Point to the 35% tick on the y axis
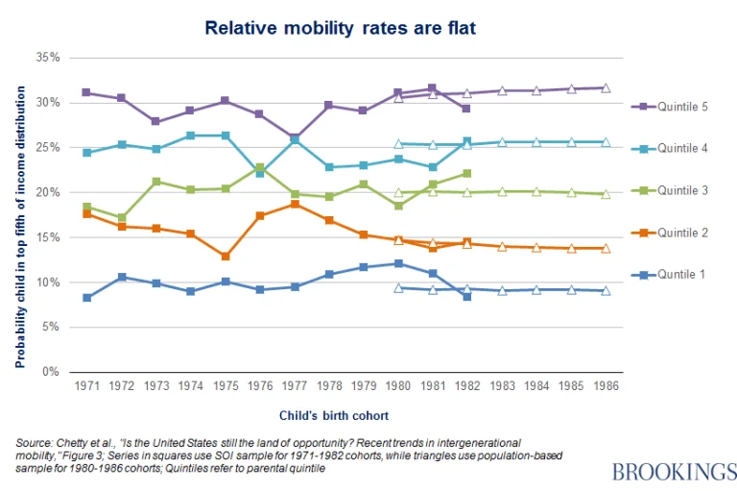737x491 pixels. click(x=47, y=58)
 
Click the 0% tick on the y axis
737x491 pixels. click(x=51, y=372)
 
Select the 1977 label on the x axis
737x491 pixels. click(x=296, y=385)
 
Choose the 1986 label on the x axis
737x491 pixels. click(x=605, y=385)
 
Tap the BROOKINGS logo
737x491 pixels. click(x=674, y=471)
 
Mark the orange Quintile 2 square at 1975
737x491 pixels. click(x=226, y=257)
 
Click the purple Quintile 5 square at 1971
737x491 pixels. click(x=87, y=93)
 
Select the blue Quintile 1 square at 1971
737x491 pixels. click(x=87, y=298)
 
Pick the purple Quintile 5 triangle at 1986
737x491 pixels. click(x=606, y=87)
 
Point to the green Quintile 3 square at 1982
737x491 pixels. click(x=467, y=173)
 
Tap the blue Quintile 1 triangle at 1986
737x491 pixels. click(x=606, y=290)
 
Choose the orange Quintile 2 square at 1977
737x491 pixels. click(x=295, y=204)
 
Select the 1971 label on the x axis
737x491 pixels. click(x=88, y=385)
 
